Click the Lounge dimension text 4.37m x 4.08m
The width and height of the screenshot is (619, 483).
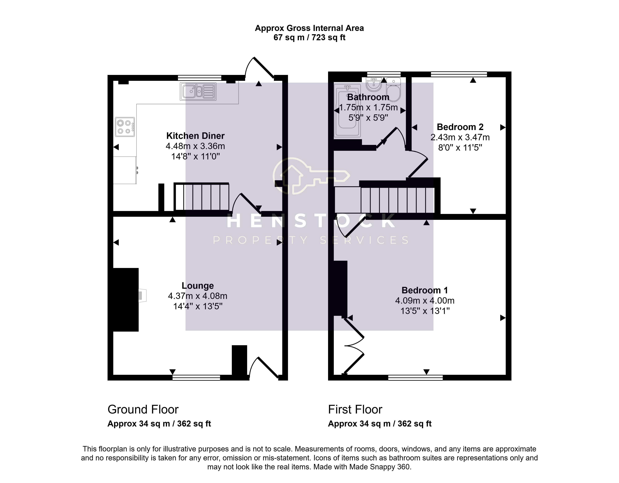click(198, 296)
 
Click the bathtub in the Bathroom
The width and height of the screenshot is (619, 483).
click(347, 111)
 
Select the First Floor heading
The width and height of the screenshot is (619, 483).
click(355, 410)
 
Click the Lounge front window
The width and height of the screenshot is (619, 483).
click(196, 378)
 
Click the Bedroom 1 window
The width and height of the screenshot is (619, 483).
click(415, 378)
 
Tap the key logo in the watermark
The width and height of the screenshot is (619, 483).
click(311, 176)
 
